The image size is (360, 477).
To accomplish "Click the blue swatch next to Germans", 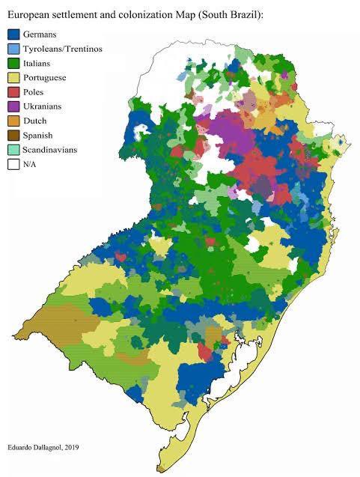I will [x=13, y=34].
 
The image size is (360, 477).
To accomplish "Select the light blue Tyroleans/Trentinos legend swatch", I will [x=13, y=49].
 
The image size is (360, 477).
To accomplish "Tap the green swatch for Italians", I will [x=13, y=63].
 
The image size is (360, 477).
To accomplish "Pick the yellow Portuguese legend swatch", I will [x=13, y=78].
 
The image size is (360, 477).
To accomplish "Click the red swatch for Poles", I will [x=13, y=92].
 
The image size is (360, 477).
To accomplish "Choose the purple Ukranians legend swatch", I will [x=13, y=106].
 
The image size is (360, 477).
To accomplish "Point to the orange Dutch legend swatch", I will [x=13, y=121].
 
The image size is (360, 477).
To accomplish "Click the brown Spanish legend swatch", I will [x=13, y=136].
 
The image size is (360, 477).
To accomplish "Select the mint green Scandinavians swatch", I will [x=13, y=150].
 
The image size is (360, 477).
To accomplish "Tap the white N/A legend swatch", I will [x=13, y=165].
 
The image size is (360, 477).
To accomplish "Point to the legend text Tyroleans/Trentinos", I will [x=64, y=49].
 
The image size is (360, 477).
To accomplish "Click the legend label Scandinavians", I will [x=54, y=150].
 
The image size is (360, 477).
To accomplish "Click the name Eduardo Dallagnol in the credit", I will [x=39, y=446].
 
